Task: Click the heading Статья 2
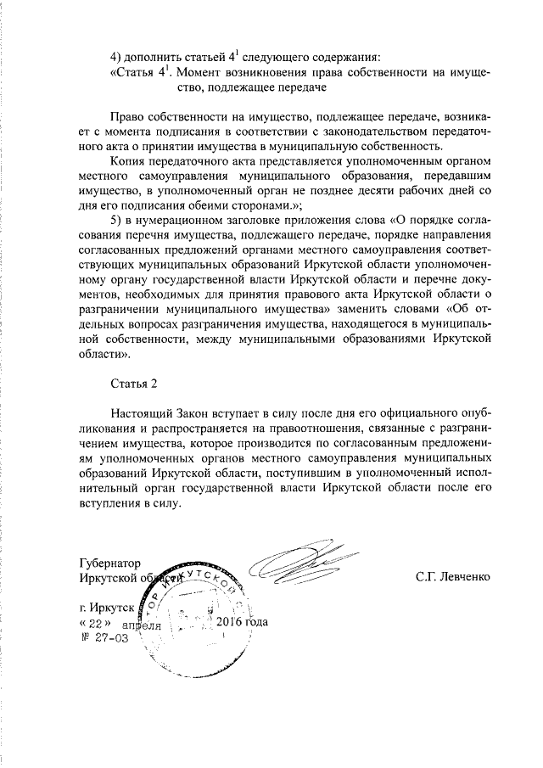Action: [134, 383]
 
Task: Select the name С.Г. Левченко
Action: [452, 577]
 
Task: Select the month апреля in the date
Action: [141, 624]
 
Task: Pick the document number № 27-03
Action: [104, 637]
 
